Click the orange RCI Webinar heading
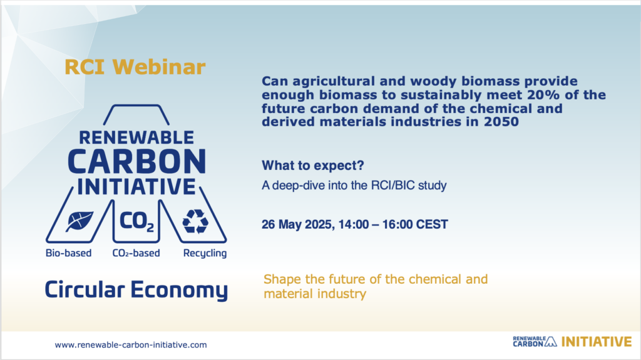135,67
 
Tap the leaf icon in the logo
79,222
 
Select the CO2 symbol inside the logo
136,222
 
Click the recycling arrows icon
195,222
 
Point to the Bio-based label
69,253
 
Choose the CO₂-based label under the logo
136,253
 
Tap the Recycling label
205,254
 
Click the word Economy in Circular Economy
179,290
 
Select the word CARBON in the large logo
137,161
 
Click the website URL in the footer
131,345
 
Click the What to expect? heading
313,165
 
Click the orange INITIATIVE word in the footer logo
597,342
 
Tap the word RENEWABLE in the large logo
136,137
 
